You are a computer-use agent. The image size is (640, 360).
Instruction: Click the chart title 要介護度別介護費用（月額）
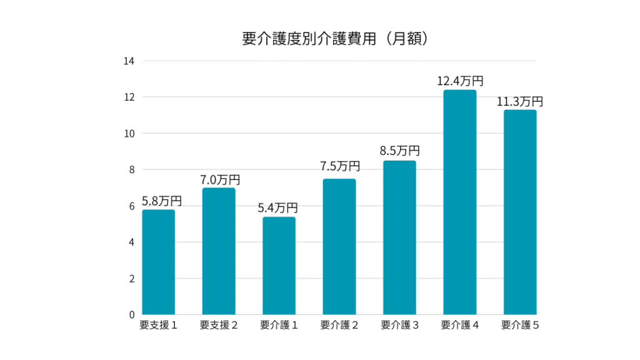[336, 39]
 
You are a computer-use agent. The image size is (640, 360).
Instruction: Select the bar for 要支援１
[159, 262]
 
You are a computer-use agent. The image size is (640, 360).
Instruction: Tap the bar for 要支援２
[219, 251]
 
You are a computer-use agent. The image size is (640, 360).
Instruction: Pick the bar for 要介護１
[279, 266]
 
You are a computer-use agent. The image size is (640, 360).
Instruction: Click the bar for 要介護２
[339, 246]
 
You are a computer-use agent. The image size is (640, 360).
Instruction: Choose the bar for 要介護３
[399, 237]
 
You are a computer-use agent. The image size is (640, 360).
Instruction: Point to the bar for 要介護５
[520, 212]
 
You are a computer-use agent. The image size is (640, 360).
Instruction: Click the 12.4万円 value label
[461, 81]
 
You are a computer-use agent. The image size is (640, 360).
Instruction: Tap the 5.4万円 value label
[278, 207]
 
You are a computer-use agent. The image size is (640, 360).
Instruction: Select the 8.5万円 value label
[400, 151]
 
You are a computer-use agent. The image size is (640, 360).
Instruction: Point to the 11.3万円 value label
[520, 101]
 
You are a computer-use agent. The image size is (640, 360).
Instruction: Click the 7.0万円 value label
[219, 179]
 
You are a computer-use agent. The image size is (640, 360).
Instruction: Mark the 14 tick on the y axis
[129, 61]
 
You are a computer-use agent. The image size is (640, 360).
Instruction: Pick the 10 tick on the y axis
[129, 134]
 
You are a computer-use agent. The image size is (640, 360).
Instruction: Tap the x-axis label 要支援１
[159, 325]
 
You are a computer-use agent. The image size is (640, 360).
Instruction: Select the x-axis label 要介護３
[399, 325]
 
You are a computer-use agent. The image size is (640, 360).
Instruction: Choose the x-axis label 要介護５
[520, 325]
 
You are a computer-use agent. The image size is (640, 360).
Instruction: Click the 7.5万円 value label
[340, 166]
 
